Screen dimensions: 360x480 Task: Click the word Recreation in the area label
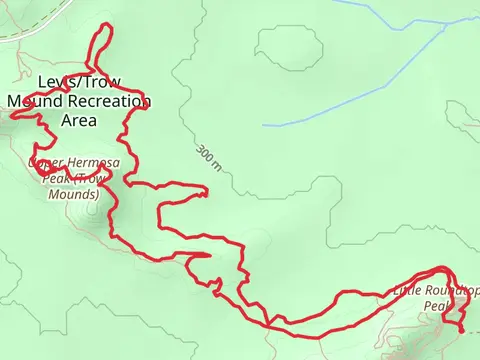111,101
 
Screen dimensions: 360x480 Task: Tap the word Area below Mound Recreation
79,120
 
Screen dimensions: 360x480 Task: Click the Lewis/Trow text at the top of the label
78,82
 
